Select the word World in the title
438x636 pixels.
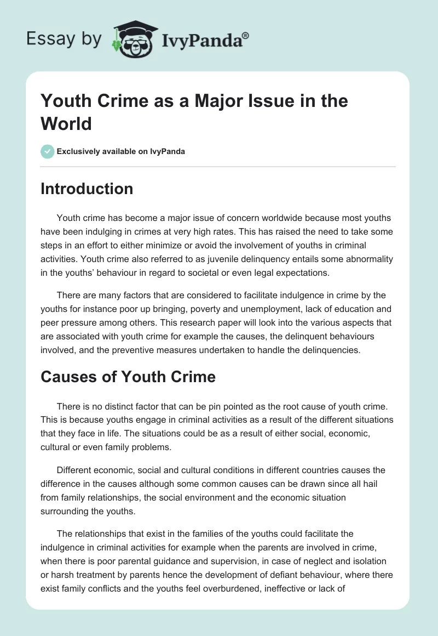[x=66, y=123]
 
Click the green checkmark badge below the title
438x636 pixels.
[x=48, y=151]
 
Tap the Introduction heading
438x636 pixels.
[x=87, y=189]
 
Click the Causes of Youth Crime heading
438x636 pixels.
[x=128, y=377]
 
